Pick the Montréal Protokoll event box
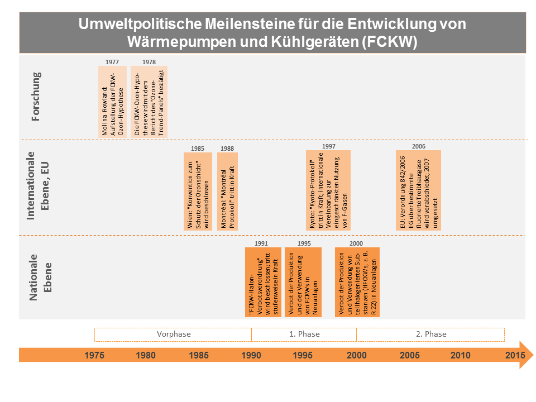click(227, 191)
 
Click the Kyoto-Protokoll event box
click(328, 190)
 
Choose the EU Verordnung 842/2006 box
click(418, 190)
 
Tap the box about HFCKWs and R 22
click(357, 283)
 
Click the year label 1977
click(112, 61)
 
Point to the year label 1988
click(227, 148)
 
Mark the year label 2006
click(419, 146)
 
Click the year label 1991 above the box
click(261, 243)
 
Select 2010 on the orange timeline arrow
click(461, 355)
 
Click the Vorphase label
click(173, 334)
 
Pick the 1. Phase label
click(304, 334)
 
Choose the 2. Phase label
click(431, 334)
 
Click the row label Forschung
click(36, 96)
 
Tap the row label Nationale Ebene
click(40, 277)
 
